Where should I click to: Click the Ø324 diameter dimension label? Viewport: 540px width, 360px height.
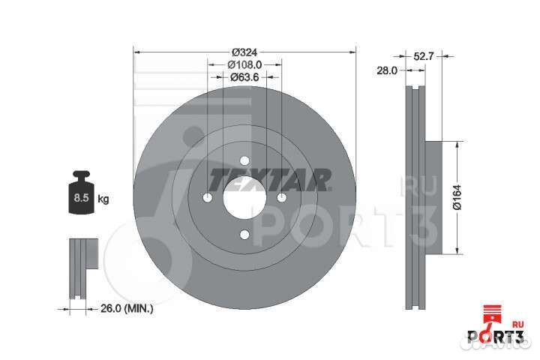[244, 51]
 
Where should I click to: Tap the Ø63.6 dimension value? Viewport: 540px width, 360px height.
[244, 76]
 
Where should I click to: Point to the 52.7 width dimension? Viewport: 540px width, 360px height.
[424, 54]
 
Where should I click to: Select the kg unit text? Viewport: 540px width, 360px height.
[103, 199]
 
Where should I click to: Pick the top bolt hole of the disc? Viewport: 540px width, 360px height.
[244, 160]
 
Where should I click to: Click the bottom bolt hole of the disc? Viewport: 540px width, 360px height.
[244, 235]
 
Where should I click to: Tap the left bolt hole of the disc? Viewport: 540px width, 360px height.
[207, 197]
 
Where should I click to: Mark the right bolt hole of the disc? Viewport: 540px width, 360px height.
[281, 197]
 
